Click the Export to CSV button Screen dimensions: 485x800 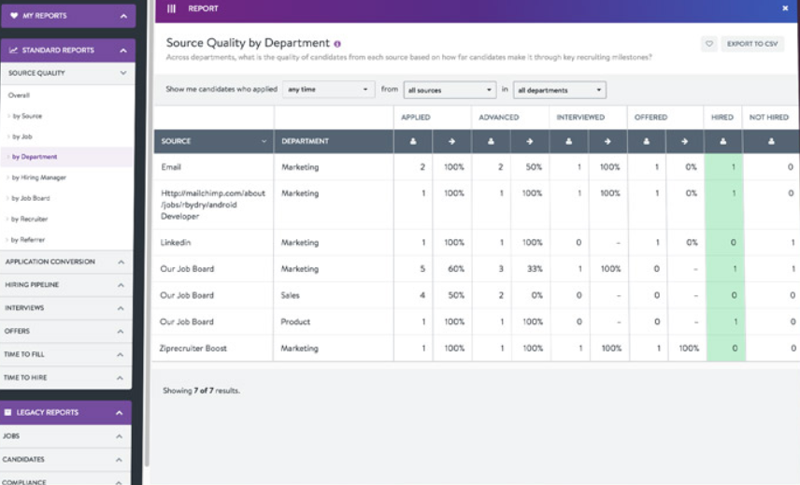(x=752, y=44)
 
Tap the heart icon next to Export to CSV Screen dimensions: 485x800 (x=709, y=44)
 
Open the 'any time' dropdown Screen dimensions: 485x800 (x=329, y=90)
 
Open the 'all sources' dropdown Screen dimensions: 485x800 (x=450, y=90)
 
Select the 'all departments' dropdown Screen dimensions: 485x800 (x=559, y=90)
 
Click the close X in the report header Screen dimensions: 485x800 (x=785, y=8)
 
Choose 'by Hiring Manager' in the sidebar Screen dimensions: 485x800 (x=38, y=178)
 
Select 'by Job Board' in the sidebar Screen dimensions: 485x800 (x=32, y=198)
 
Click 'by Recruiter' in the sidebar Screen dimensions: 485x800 (x=31, y=219)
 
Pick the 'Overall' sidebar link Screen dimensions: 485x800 (x=19, y=95)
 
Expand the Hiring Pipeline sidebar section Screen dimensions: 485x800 (x=65, y=285)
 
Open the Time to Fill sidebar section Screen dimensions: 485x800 (x=65, y=355)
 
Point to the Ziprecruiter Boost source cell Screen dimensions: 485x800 (x=193, y=348)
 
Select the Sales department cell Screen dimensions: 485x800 (x=293, y=295)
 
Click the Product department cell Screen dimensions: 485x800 (x=295, y=321)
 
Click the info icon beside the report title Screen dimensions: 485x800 (x=337, y=44)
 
